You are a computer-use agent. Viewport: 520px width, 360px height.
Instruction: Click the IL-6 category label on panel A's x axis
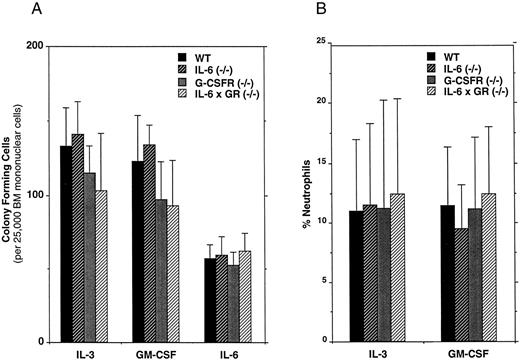pos(216,353)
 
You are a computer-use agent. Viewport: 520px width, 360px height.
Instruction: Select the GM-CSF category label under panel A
pos(150,353)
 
